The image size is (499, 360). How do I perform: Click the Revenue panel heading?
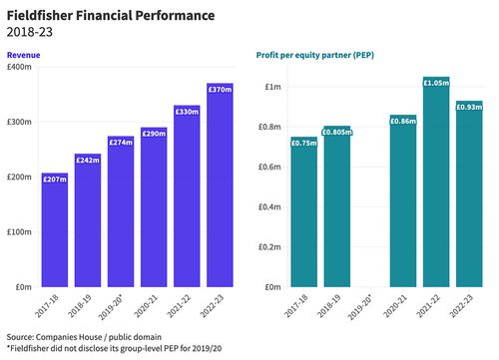click(x=24, y=54)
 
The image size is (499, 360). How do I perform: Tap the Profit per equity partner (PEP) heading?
click(x=316, y=54)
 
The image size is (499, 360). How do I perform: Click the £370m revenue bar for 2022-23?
click(x=220, y=184)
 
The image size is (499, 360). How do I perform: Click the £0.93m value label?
click(x=469, y=107)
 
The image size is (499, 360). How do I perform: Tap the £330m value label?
click(x=187, y=112)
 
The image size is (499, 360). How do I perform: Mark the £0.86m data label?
click(x=403, y=121)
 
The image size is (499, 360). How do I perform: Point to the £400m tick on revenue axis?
click(x=19, y=67)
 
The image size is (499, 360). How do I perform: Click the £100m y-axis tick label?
click(x=19, y=231)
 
